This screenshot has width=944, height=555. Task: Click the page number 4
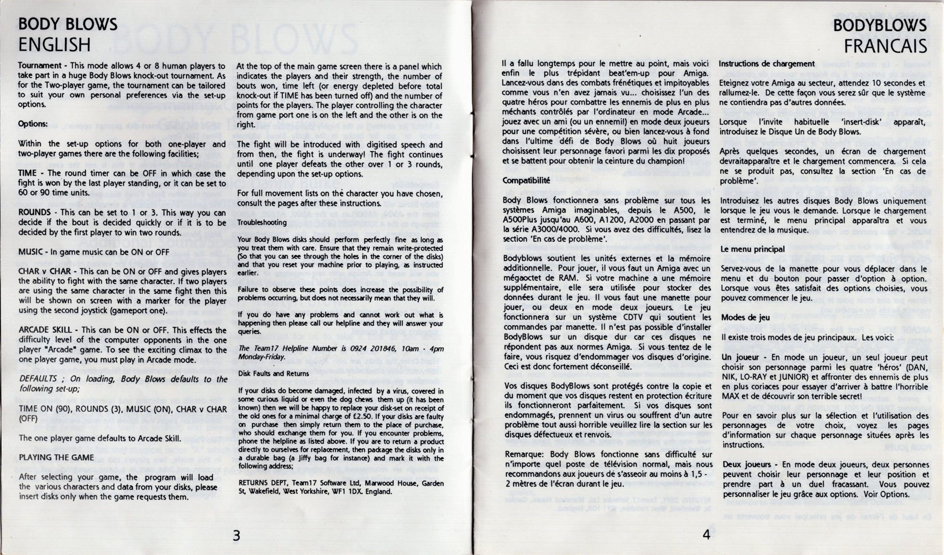[x=706, y=534]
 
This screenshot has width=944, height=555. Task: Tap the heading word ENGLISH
[x=54, y=45]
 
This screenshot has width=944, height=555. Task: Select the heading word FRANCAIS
[x=885, y=46]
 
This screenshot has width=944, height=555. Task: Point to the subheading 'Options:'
[x=33, y=124]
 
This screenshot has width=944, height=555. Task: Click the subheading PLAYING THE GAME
[x=56, y=457]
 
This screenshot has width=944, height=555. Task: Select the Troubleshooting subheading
[x=262, y=222]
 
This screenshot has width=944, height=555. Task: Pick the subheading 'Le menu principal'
[x=753, y=249]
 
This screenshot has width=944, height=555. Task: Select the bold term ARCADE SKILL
[x=46, y=330]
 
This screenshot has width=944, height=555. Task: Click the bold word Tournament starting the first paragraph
[x=40, y=66]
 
